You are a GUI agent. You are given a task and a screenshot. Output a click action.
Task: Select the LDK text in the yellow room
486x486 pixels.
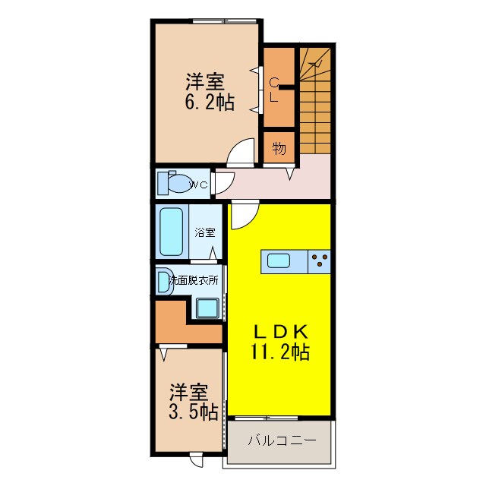tap(279, 332)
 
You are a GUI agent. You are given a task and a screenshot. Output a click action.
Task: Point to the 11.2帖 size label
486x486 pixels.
tap(279, 352)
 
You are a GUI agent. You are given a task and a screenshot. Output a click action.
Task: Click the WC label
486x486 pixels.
tap(198, 185)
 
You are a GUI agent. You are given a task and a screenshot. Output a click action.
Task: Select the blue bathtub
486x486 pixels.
tap(171, 232)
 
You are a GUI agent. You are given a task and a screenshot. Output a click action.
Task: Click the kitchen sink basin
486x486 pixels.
tap(278, 262)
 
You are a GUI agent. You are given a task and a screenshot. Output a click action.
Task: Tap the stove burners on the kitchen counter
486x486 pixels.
tap(320, 262)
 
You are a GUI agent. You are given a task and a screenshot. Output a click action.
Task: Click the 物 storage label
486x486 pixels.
tap(279, 148)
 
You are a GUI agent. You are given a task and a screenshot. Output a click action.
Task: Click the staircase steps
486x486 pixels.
tap(316, 106)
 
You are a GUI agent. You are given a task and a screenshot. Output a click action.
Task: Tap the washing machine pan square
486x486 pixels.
tap(207, 307)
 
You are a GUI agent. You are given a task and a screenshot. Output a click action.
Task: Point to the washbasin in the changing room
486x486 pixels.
tap(164, 282)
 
